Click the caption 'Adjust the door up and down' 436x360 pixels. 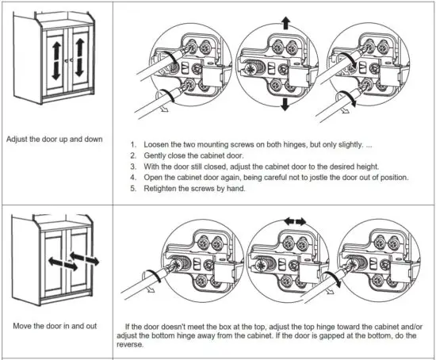[54, 140]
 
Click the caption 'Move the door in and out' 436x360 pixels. [54, 327]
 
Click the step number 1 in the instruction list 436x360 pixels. [134, 144]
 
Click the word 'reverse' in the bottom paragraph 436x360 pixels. [143, 345]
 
